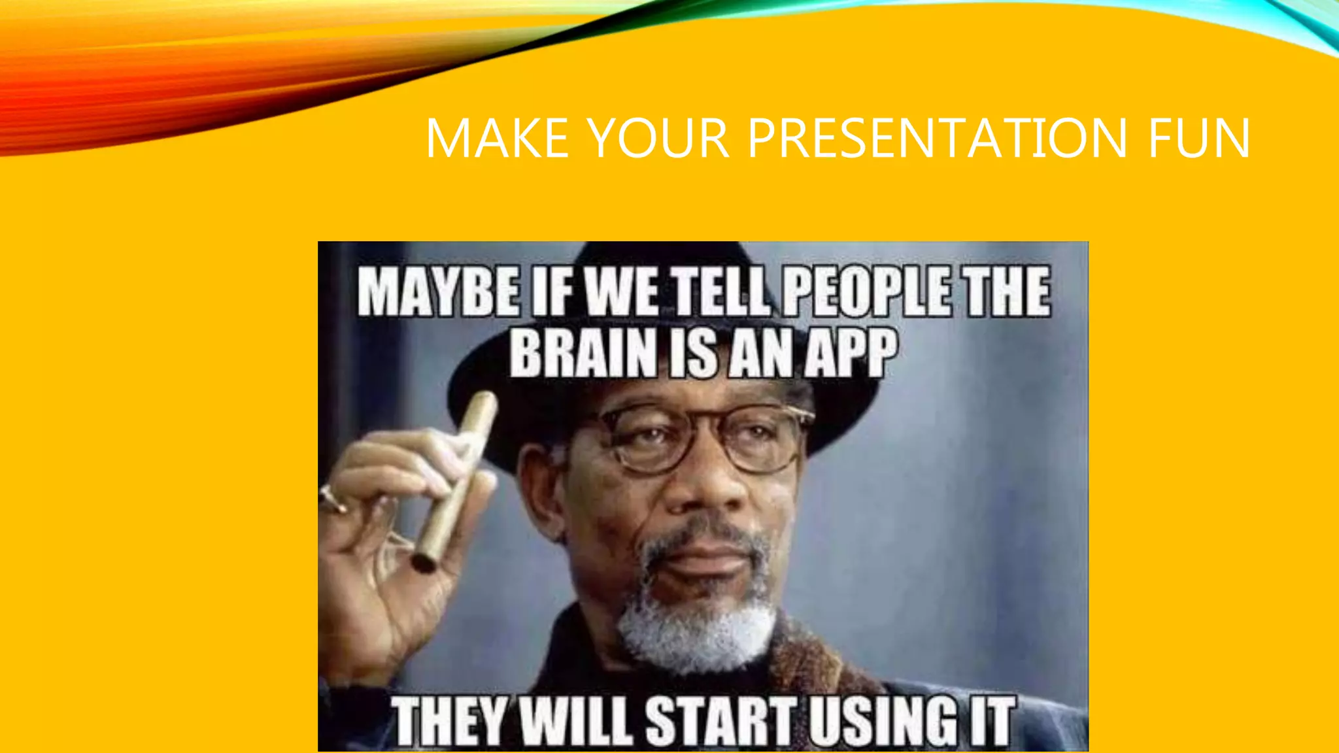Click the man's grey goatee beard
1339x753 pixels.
click(x=696, y=621)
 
